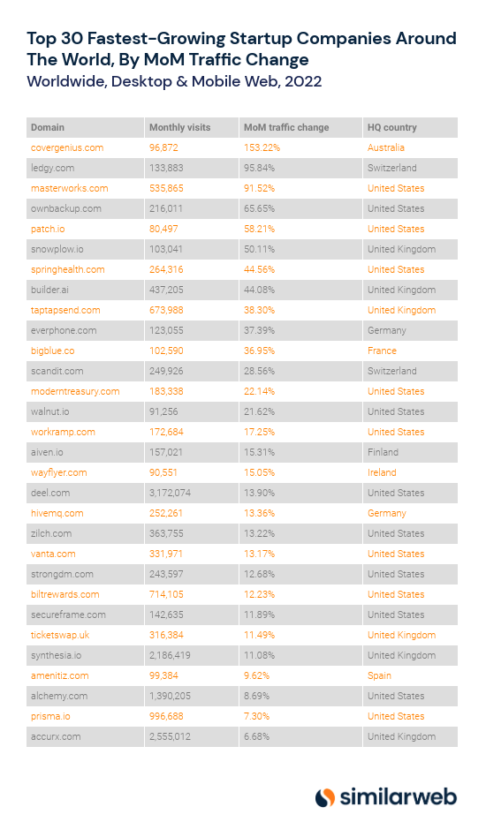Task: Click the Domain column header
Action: [x=48, y=127]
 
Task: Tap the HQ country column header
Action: [x=391, y=127]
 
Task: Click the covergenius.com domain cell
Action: [x=67, y=147]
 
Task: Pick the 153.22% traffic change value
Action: [x=262, y=147]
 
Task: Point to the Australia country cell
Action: [x=386, y=147]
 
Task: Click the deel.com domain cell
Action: [x=50, y=493]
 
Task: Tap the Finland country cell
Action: [x=383, y=452]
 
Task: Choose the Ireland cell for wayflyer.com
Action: [x=383, y=472]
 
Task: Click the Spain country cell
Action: [x=380, y=675]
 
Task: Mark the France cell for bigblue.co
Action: [x=382, y=351]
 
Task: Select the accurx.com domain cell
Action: [x=56, y=736]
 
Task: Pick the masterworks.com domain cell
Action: [x=69, y=188]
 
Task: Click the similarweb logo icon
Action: [x=325, y=796]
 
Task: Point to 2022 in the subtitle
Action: [x=300, y=81]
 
